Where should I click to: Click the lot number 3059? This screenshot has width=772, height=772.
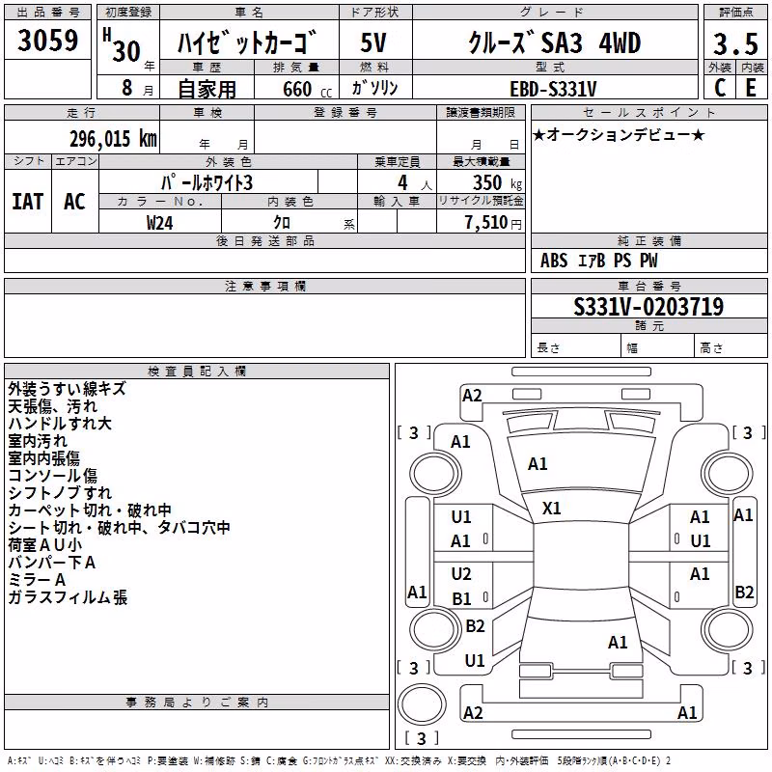pyautogui.click(x=47, y=40)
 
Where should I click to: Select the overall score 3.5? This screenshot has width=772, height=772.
pyautogui.click(x=735, y=43)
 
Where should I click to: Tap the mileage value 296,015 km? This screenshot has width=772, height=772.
pyautogui.click(x=113, y=139)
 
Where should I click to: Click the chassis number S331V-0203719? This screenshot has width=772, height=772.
pyautogui.click(x=648, y=306)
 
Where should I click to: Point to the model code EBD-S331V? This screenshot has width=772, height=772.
pyautogui.click(x=553, y=89)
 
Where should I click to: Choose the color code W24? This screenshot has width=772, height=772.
pyautogui.click(x=159, y=223)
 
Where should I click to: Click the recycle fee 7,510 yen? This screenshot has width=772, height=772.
pyautogui.click(x=493, y=222)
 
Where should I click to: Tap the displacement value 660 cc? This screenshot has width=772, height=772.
pyautogui.click(x=307, y=89)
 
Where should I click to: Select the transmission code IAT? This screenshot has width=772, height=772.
pyautogui.click(x=28, y=202)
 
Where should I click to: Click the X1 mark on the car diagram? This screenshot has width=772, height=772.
pyautogui.click(x=551, y=509)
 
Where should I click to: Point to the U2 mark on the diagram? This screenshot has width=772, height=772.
pyautogui.click(x=461, y=573)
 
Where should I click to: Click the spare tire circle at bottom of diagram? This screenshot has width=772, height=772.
pyautogui.click(x=422, y=704)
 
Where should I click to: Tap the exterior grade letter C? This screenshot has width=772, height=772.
pyautogui.click(x=720, y=88)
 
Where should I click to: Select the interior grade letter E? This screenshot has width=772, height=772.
pyautogui.click(x=751, y=88)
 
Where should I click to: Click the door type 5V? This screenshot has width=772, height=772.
pyautogui.click(x=373, y=42)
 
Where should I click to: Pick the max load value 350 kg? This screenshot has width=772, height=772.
pyautogui.click(x=497, y=182)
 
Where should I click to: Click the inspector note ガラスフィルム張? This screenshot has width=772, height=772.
pyautogui.click(x=68, y=597)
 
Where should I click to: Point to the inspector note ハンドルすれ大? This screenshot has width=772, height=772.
pyautogui.click(x=60, y=424)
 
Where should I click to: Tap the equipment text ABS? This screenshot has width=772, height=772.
pyautogui.click(x=554, y=261)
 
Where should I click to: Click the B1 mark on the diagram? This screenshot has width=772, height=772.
pyautogui.click(x=461, y=598)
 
